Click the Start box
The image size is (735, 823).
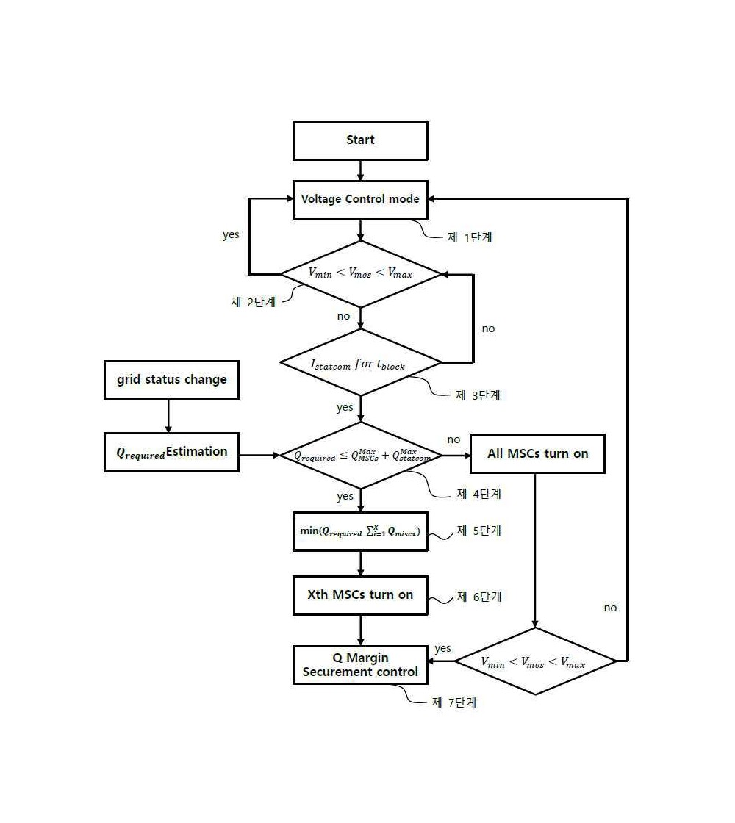pyautogui.click(x=360, y=140)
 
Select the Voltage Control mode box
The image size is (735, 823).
pyautogui.click(x=360, y=199)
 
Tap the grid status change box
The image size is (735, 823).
pyautogui.click(x=172, y=380)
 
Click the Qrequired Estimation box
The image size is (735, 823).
pyautogui.click(x=172, y=453)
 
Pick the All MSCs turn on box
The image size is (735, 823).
pyautogui.click(x=537, y=454)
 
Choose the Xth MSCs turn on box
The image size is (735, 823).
pyautogui.click(x=360, y=595)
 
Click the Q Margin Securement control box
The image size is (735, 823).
pyautogui.click(x=360, y=665)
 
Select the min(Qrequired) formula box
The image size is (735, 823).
pyautogui.click(x=360, y=532)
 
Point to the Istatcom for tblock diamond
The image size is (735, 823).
pyautogui.click(x=361, y=363)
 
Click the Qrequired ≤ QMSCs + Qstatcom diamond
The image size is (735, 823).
pyautogui.click(x=361, y=456)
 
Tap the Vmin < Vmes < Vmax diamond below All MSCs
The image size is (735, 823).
pyautogui.click(x=535, y=661)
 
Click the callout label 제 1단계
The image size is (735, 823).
pyautogui.click(x=470, y=237)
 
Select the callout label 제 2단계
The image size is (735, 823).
pyautogui.click(x=253, y=302)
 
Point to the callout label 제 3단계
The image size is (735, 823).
pyautogui.click(x=478, y=395)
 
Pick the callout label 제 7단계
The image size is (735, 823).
pyautogui.click(x=454, y=702)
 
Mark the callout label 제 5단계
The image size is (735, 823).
pyautogui.click(x=478, y=531)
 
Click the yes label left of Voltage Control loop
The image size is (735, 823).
pyautogui.click(x=231, y=234)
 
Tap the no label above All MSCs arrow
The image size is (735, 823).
pyautogui.click(x=453, y=440)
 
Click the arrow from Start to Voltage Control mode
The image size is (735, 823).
pyautogui.click(x=360, y=170)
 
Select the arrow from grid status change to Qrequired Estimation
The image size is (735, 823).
pyautogui.click(x=168, y=416)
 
